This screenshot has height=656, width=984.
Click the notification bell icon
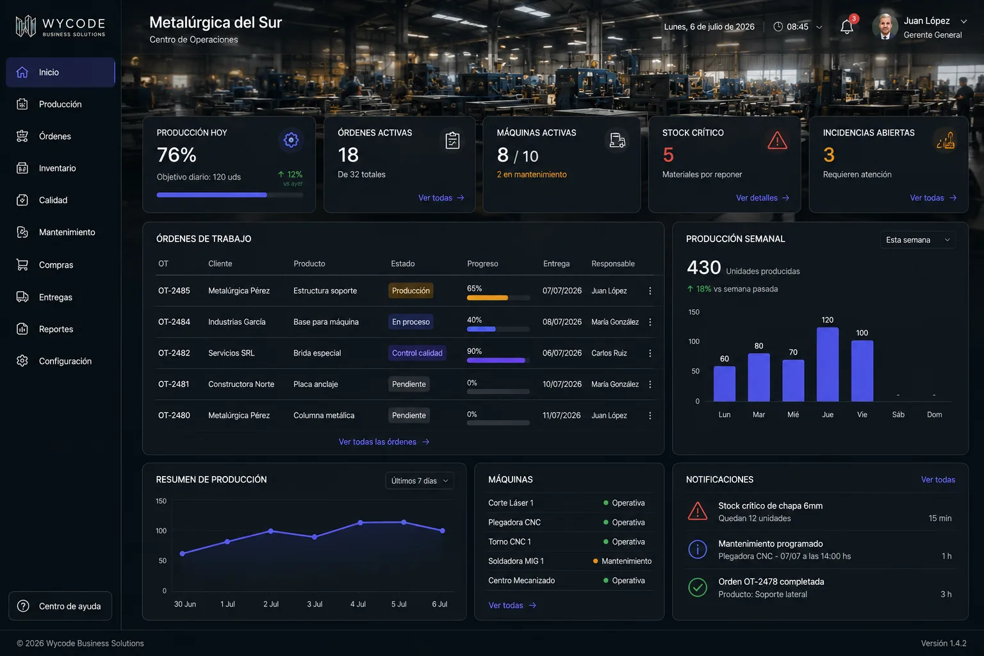tap(846, 27)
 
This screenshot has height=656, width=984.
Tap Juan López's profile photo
tap(885, 26)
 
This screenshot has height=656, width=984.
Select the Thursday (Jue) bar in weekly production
tap(828, 365)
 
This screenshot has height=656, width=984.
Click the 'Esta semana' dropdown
tap(917, 240)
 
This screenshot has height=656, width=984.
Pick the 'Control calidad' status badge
tap(417, 353)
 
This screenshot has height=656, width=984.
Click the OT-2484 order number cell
tap(174, 322)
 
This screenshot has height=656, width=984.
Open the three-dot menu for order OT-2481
tap(650, 384)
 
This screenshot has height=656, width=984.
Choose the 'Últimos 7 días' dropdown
tap(420, 480)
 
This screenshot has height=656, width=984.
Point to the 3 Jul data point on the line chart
tap(315, 537)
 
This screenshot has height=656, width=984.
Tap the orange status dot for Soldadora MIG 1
tap(595, 561)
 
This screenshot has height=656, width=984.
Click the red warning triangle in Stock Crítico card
tap(777, 140)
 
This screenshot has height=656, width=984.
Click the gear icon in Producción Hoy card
tap(290, 140)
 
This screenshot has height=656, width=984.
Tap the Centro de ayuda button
tap(60, 606)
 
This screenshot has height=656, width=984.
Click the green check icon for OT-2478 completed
tap(697, 587)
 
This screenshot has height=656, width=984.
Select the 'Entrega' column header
tap(556, 264)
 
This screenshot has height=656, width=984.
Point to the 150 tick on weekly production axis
tap(694, 312)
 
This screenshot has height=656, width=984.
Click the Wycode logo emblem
tap(26, 26)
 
